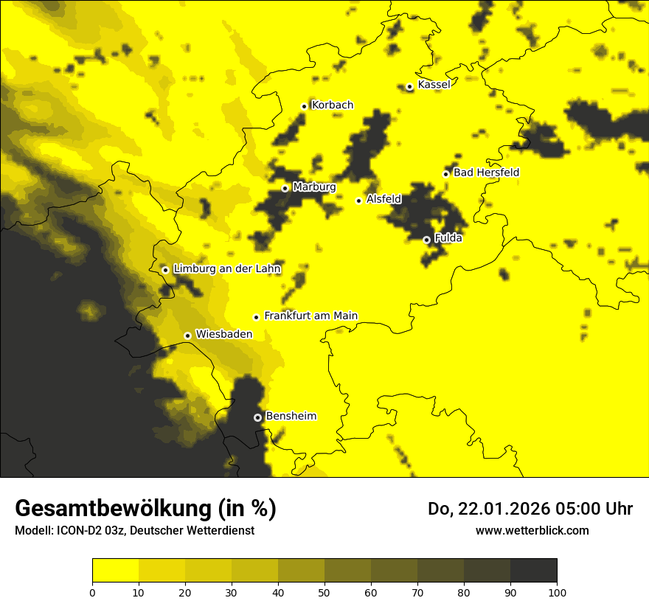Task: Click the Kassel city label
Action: coord(434,85)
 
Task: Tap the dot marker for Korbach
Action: coord(304,106)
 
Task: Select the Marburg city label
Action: coord(314,187)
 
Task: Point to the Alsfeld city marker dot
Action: coord(359,201)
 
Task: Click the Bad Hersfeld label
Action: coord(486,173)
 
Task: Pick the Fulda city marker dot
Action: coord(426,240)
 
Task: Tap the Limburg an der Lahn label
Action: coord(226,269)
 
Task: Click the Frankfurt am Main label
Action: coord(310,316)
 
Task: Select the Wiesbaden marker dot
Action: coord(188,335)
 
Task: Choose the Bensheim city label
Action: coord(291,416)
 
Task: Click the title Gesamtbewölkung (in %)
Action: coord(145,509)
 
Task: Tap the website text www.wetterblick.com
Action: coord(532,530)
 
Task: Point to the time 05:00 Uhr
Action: coord(597,509)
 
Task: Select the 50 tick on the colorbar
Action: coord(324,591)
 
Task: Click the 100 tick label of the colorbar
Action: coord(557,591)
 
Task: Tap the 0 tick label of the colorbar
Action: coord(92,591)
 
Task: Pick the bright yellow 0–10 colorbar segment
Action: coord(115,571)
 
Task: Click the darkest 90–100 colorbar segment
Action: coord(533,571)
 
